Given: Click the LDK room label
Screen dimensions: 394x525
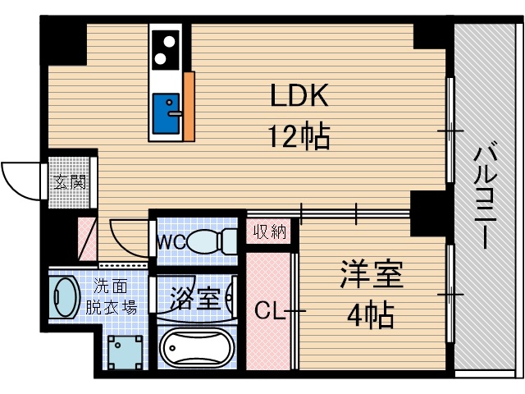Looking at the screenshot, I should (300, 97).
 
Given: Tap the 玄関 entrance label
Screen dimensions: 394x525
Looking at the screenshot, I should (70, 181).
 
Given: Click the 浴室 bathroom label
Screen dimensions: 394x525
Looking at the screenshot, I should (195, 296).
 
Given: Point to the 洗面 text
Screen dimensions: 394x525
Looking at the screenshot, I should (108, 288).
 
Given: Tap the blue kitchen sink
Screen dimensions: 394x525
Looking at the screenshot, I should (168, 115).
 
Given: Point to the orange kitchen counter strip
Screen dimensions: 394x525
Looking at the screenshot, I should (190, 106).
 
